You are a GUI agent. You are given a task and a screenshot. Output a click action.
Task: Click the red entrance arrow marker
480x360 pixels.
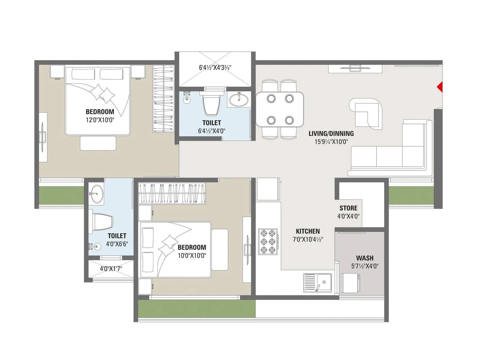click(440, 87)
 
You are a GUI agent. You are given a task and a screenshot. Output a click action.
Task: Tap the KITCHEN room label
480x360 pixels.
click(308, 231)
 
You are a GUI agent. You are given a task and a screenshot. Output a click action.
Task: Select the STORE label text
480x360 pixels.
click(348, 208)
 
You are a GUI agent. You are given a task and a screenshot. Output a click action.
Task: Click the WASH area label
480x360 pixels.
click(365, 258)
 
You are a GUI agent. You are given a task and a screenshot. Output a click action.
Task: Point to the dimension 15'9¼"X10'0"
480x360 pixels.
click(331, 142)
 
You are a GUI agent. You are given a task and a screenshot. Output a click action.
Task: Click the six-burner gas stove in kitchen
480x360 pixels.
click(268, 242)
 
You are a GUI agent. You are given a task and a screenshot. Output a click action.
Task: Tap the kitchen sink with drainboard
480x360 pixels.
click(318, 283)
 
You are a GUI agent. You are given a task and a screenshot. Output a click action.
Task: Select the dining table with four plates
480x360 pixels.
click(280, 109)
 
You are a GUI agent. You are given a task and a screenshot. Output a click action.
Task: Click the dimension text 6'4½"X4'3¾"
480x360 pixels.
click(215, 67)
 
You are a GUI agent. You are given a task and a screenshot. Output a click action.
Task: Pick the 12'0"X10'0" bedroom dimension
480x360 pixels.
click(100, 120)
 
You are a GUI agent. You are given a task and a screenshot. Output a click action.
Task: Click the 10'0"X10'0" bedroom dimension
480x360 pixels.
click(192, 256)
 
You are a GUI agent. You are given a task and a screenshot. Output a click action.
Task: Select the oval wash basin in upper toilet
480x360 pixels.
click(239, 100)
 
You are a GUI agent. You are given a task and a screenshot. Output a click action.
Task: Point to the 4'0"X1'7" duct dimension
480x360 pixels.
click(111, 268)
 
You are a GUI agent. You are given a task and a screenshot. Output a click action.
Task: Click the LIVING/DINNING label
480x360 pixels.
click(331, 133)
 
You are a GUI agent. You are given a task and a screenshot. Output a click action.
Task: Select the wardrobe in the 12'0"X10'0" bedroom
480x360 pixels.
click(163, 98)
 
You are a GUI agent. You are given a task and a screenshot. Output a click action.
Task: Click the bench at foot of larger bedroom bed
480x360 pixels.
click(98, 143)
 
